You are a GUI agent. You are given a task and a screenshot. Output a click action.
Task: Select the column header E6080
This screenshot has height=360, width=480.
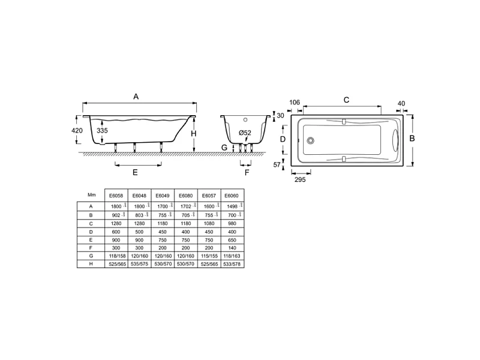[x=185, y=196]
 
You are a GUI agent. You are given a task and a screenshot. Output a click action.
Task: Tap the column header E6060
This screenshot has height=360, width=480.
[x=231, y=196]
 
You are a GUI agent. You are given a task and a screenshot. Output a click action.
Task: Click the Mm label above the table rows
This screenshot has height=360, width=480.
[x=91, y=195]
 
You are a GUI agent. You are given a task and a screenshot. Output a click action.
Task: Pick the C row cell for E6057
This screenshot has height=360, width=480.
[x=208, y=223]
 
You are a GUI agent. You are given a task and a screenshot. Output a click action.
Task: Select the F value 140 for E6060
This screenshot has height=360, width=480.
[x=231, y=247]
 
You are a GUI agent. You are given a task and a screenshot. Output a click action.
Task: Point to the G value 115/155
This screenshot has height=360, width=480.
[x=208, y=256]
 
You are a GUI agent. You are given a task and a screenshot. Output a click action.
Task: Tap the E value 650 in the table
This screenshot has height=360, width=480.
[x=231, y=239]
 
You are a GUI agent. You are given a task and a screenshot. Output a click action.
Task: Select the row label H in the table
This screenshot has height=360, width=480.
[x=90, y=264]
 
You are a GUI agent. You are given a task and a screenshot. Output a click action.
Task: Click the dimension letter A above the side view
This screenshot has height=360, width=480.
[x=136, y=96]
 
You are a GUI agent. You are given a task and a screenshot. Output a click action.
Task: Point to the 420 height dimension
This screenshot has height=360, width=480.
[x=77, y=130]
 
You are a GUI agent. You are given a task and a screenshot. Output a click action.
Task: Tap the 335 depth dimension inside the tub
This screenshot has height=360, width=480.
[x=102, y=130]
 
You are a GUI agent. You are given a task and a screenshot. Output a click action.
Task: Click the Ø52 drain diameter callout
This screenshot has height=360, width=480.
[x=245, y=133]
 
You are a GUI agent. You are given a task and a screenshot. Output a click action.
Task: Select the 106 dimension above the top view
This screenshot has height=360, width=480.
[x=294, y=103]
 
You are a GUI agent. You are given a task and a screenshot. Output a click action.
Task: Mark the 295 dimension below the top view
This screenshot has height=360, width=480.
[x=299, y=179]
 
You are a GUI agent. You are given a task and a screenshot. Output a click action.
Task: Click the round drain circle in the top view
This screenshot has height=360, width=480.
[x=310, y=142]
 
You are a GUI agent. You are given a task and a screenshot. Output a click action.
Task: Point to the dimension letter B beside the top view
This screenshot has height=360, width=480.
[x=412, y=138]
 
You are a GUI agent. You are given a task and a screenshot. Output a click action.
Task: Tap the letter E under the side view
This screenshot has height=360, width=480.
[x=136, y=172]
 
